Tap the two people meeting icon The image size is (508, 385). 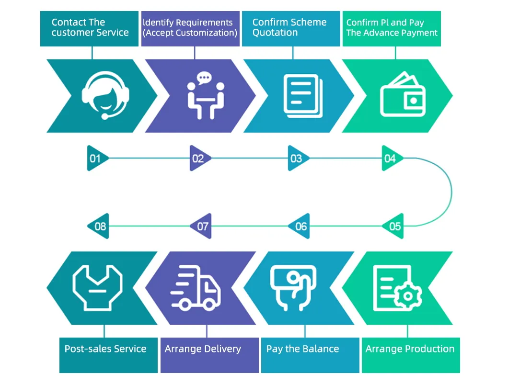[205, 96]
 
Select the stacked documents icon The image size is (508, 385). [303, 96]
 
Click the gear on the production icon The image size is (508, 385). [408, 295]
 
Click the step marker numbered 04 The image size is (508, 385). [391, 159]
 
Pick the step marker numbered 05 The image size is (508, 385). [394, 226]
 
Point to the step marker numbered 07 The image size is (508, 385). [202, 226]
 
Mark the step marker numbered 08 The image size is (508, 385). [99, 226]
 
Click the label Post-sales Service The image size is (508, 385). [105, 349]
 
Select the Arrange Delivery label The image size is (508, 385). [203, 349]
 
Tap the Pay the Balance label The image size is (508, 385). [302, 349]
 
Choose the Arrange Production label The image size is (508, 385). [410, 349]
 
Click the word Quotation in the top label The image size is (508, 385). [275, 33]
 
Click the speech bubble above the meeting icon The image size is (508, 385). [205, 78]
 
